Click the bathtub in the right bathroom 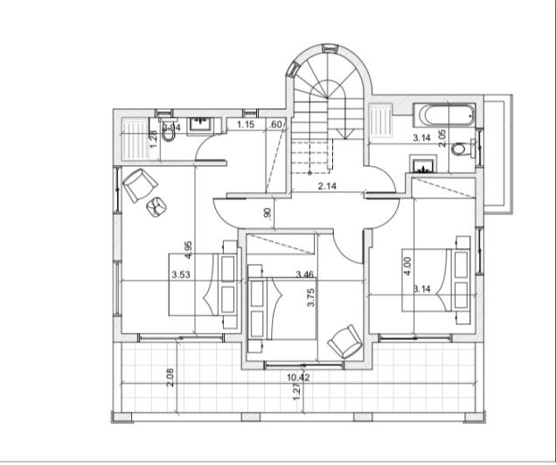[445, 115]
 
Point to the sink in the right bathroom [422, 163]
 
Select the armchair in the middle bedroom [344, 341]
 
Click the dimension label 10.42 [299, 378]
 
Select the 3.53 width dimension [181, 274]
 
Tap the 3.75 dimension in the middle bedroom [309, 297]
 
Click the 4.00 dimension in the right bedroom [406, 266]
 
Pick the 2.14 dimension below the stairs [327, 187]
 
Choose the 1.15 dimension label [246, 126]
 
